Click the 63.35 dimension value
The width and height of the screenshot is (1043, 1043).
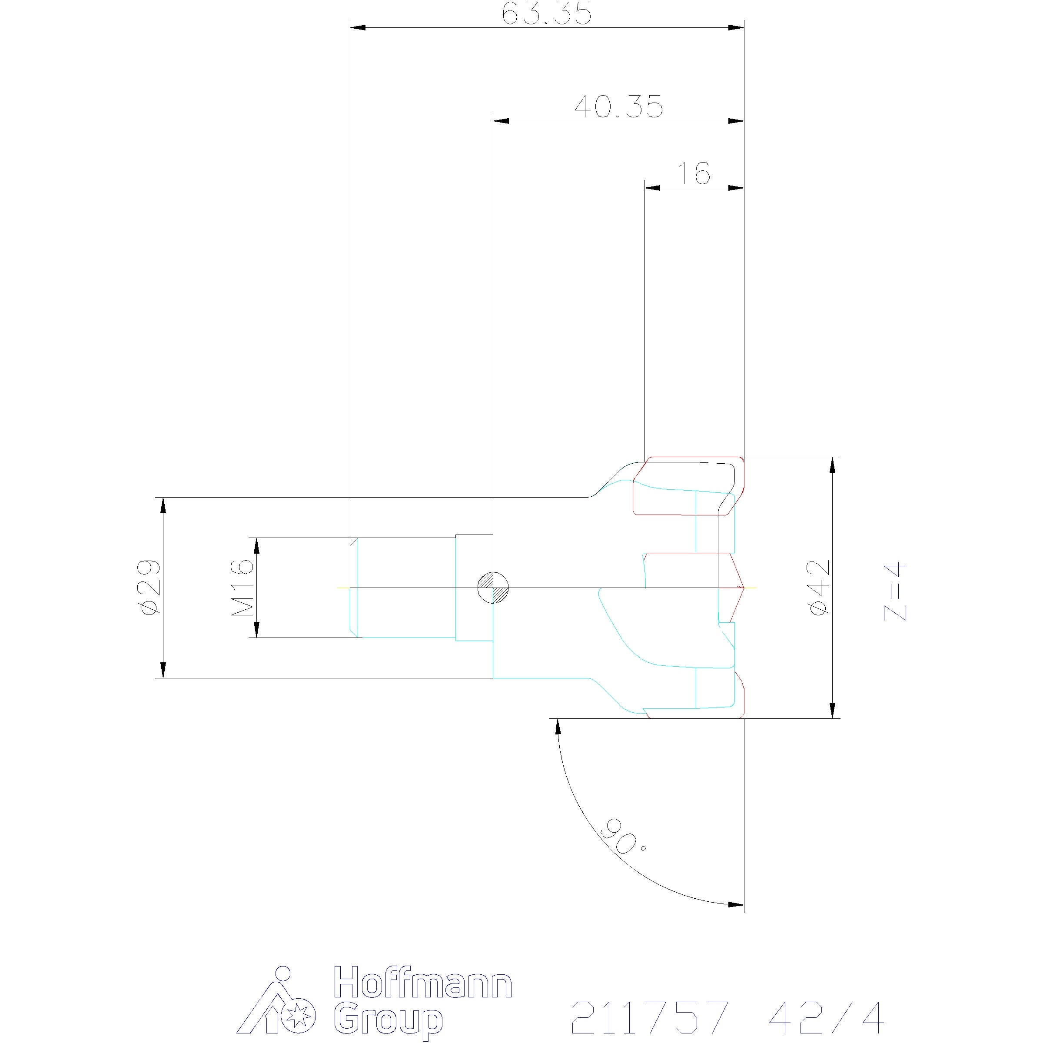click(x=546, y=14)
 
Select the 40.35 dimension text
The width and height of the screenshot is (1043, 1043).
click(x=619, y=107)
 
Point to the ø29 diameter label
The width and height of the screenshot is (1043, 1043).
click(x=149, y=587)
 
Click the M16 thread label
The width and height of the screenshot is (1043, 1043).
click(x=242, y=588)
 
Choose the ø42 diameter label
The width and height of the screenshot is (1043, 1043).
click(x=818, y=587)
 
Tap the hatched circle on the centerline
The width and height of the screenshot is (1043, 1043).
click(x=493, y=587)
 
